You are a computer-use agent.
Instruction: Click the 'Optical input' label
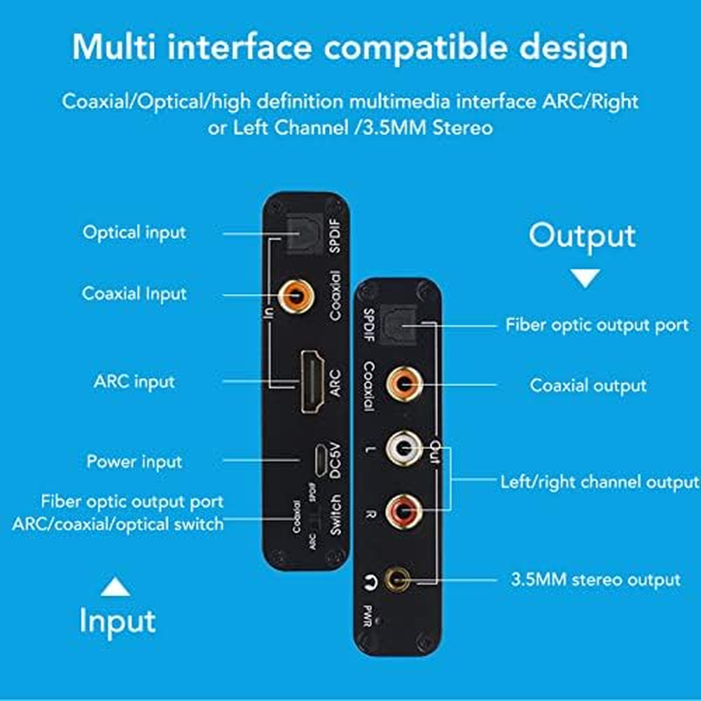click(x=134, y=232)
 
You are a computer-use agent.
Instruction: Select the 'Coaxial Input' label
click(x=134, y=294)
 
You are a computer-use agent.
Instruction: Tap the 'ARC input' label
click(x=134, y=382)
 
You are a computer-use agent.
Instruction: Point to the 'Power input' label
click(x=134, y=461)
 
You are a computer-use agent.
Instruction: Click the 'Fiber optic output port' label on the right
click(x=597, y=324)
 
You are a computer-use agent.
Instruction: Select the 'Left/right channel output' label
click(x=599, y=482)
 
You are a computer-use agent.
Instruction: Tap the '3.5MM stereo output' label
click(x=595, y=579)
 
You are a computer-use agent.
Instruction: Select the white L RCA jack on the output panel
click(x=404, y=450)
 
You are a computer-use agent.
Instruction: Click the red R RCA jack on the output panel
click(x=404, y=508)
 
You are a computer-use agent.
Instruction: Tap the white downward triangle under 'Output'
click(x=585, y=278)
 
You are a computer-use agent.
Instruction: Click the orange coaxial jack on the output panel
click(x=404, y=384)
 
